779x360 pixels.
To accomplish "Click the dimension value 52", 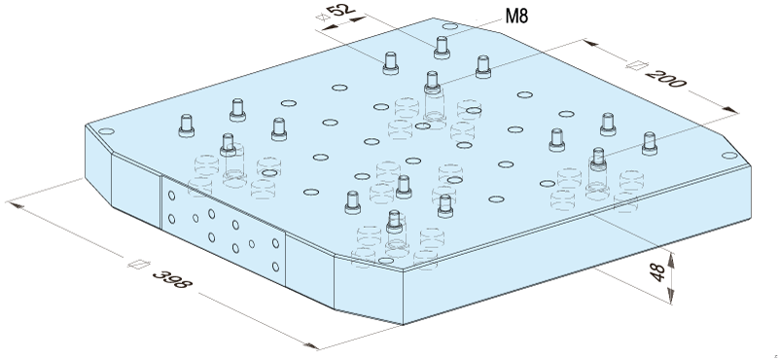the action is (x=341, y=10).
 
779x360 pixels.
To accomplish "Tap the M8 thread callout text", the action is (x=516, y=16).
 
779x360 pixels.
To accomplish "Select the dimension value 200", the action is (x=665, y=78).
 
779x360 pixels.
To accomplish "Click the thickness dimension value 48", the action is (x=657, y=272).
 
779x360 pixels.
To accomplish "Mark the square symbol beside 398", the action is (x=139, y=264).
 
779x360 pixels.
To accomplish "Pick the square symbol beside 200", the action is (x=636, y=65).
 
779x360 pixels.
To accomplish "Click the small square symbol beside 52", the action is (x=323, y=17).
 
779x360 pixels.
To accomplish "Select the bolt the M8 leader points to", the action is (x=442, y=48).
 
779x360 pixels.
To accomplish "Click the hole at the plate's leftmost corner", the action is (x=106, y=132).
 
